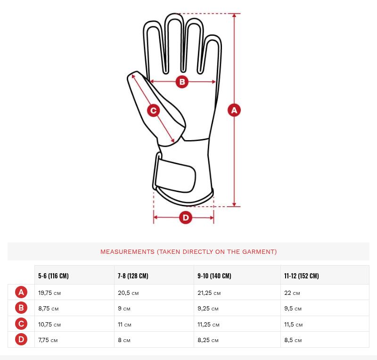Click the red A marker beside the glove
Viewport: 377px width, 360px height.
pos(234,110)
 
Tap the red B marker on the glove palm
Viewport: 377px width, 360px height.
pos(182,82)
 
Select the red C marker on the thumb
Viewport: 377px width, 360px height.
pos(154,110)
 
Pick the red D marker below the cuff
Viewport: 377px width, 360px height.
pos(186,218)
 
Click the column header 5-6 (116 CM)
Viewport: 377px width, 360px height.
pos(53,276)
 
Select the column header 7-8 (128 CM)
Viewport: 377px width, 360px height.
pos(133,276)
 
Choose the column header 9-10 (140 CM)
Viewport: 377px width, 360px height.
pos(214,276)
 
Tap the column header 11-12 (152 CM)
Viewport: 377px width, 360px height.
pos(302,276)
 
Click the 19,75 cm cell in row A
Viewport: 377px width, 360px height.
pos(49,293)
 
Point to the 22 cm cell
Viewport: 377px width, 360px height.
pos(292,293)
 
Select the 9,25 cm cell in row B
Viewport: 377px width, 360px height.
pos(208,309)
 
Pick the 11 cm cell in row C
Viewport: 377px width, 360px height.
pos(124,324)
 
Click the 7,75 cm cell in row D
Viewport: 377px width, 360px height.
pos(48,340)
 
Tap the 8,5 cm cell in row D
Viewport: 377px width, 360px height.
pos(293,340)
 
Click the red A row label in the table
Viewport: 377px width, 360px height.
pos(21,292)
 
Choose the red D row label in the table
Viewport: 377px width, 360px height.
pos(21,339)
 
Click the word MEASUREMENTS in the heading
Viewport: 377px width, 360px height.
pos(127,251)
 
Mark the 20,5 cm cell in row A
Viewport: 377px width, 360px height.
pos(128,293)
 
